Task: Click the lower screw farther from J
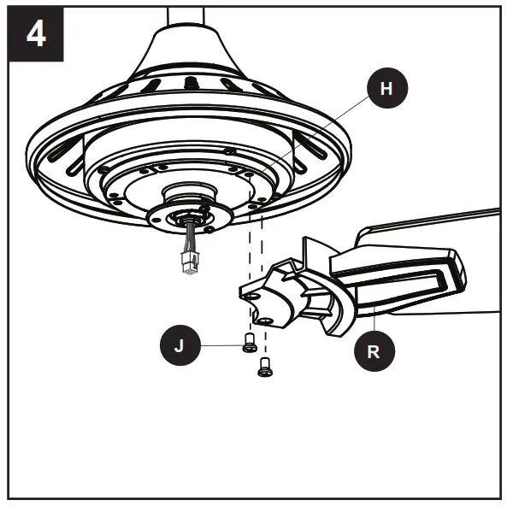tap(265, 368)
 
